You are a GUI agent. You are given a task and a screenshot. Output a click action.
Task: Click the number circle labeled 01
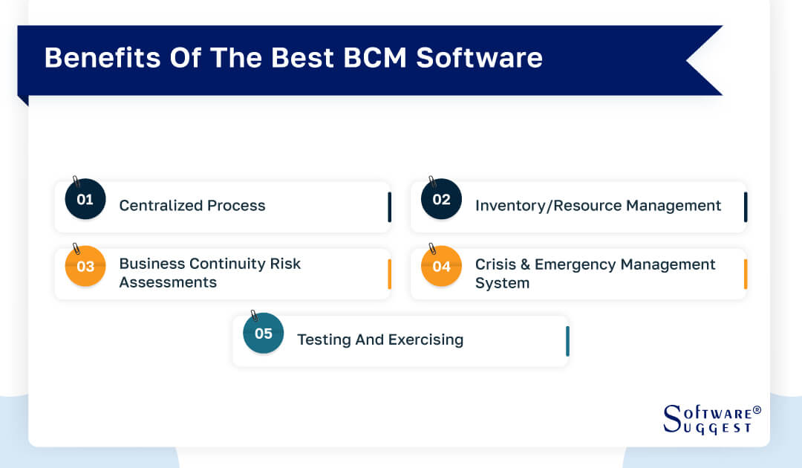[x=85, y=199]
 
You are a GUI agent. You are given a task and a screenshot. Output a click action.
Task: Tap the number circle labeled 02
[x=441, y=199]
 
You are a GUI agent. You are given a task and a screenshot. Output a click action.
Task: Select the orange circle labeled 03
[x=85, y=266]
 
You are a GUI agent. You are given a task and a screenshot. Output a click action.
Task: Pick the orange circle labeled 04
[x=441, y=266]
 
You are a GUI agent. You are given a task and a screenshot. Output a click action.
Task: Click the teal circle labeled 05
[x=264, y=333]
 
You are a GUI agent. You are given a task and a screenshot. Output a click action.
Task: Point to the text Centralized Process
[x=192, y=206]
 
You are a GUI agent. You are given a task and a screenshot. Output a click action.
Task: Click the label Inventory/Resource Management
[x=598, y=206]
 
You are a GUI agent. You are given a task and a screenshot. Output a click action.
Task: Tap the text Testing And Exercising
[x=380, y=339]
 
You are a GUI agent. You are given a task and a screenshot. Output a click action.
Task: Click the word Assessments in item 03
[x=168, y=283]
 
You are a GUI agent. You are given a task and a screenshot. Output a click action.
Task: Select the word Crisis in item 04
[x=496, y=264]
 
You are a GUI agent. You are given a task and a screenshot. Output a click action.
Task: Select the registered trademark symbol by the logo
[x=757, y=410]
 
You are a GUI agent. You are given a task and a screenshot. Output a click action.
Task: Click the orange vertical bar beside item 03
[x=389, y=274]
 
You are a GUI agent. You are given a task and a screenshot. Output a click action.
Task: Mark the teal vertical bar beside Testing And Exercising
[x=567, y=341]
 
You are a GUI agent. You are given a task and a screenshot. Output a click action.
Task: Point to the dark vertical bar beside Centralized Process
[x=389, y=207]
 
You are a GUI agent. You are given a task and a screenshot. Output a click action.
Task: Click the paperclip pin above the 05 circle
[x=254, y=316]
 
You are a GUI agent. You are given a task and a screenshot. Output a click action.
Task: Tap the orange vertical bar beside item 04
[x=746, y=274]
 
